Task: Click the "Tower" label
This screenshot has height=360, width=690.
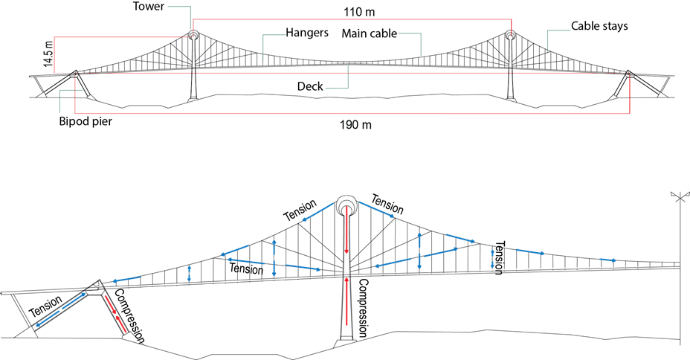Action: tap(148, 6)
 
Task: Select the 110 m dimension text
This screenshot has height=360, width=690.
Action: tap(360, 12)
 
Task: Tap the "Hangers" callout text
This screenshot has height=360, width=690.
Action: tap(307, 33)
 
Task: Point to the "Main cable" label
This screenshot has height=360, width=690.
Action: tap(370, 33)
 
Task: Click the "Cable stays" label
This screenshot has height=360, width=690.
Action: tap(599, 26)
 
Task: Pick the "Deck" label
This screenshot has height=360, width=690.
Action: tap(310, 86)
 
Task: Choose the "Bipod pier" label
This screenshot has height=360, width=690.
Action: tap(86, 121)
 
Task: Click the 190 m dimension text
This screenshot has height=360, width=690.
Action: tap(355, 125)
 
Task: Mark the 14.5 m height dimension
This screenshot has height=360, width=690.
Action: tap(48, 54)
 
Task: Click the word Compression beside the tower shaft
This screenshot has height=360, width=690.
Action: tap(362, 308)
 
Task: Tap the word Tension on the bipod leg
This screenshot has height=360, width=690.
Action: tap(46, 306)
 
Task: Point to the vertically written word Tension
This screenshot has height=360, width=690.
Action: tap(499, 257)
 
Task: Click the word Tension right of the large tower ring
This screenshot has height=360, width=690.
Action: tap(387, 205)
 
